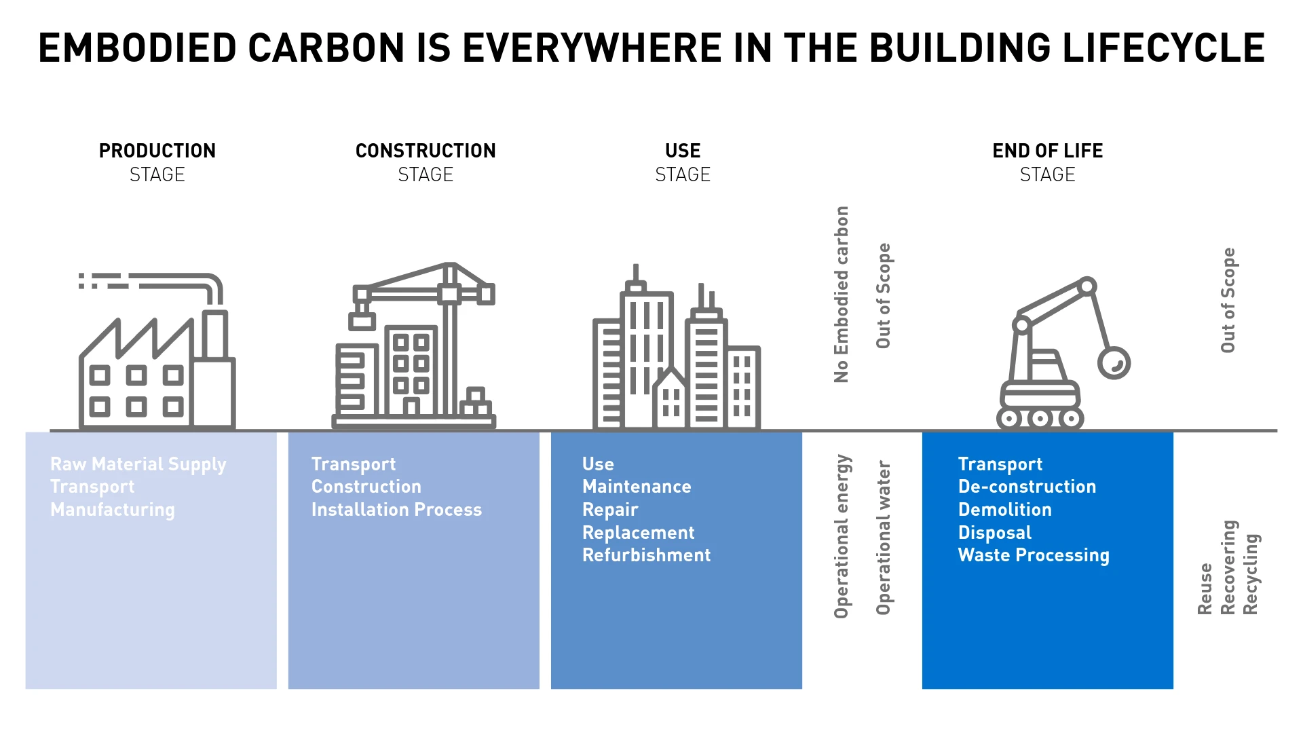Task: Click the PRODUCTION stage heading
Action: pyautogui.click(x=157, y=151)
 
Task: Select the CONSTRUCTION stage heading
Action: pyautogui.click(x=426, y=151)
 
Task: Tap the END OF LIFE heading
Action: pyautogui.click(x=1047, y=151)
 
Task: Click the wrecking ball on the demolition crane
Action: pyautogui.click(x=1114, y=362)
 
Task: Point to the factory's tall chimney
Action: pyautogui.click(x=215, y=334)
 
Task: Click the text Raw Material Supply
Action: pyautogui.click(x=138, y=464)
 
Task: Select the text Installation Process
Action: pyautogui.click(x=396, y=510)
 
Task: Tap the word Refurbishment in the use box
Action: pyautogui.click(x=646, y=555)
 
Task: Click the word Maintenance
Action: pyautogui.click(x=637, y=487)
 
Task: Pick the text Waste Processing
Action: pyautogui.click(x=1033, y=555)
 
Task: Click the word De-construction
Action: pyautogui.click(x=1027, y=487)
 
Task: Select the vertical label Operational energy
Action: pyautogui.click(x=842, y=536)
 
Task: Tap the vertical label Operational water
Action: pyautogui.click(x=883, y=538)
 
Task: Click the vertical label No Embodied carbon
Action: pyautogui.click(x=842, y=294)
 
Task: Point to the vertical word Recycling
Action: pyautogui.click(x=1251, y=574)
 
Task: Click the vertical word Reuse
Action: pyautogui.click(x=1205, y=588)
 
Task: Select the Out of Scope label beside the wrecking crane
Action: pyautogui.click(x=1228, y=300)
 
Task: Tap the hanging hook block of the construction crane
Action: pyautogui.click(x=362, y=320)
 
